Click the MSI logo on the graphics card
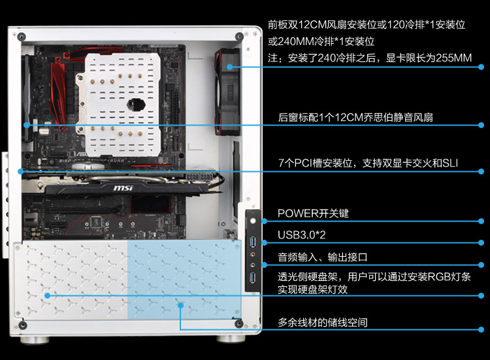(x=123, y=188)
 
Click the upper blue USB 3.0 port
(x=252, y=242)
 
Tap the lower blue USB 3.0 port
(x=252, y=278)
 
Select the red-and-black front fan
(x=227, y=92)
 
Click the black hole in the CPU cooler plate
(x=137, y=104)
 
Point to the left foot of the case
(x=35, y=340)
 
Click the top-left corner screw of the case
(x=22, y=37)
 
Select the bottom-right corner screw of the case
(x=239, y=323)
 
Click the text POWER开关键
(x=313, y=214)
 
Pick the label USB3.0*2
(x=302, y=235)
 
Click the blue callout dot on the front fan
(x=230, y=67)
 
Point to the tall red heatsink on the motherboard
(x=58, y=92)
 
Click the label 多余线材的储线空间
(x=323, y=322)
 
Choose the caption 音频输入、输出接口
(x=323, y=257)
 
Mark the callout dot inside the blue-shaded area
(x=180, y=305)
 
